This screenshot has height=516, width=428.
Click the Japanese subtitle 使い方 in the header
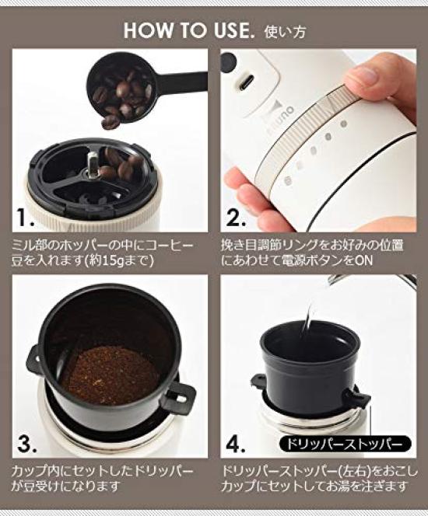click(285, 33)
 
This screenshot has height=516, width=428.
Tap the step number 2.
click(235, 214)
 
